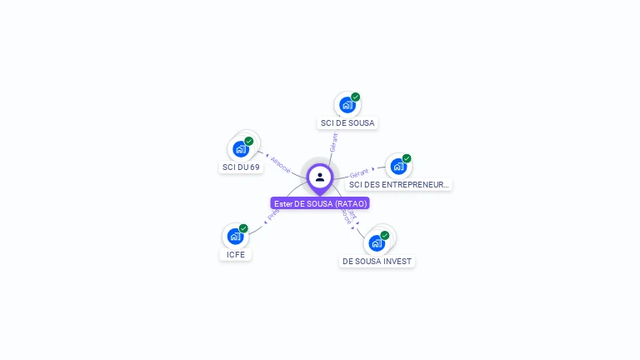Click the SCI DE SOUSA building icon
[x=347, y=105]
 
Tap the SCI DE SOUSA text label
[x=348, y=122]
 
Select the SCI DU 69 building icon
[x=241, y=149]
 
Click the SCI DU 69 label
[x=241, y=167]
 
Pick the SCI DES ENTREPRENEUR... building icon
[x=397, y=166]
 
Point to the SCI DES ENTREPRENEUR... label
[x=399, y=184]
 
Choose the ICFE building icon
[x=235, y=237]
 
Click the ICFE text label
[x=236, y=254]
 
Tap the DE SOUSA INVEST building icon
[x=377, y=242]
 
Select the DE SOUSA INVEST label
[x=377, y=261]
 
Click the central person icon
[x=320, y=177]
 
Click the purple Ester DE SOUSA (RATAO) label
[x=320, y=203]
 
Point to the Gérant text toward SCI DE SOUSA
[x=333, y=142]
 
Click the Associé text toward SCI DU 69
[x=280, y=164]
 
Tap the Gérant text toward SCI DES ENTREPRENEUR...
[x=359, y=172]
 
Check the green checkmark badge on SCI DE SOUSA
[x=356, y=97]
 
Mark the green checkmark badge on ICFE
[x=243, y=228]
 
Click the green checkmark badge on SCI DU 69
[x=248, y=141]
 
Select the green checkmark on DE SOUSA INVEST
[x=385, y=235]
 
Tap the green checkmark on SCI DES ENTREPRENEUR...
[x=407, y=158]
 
